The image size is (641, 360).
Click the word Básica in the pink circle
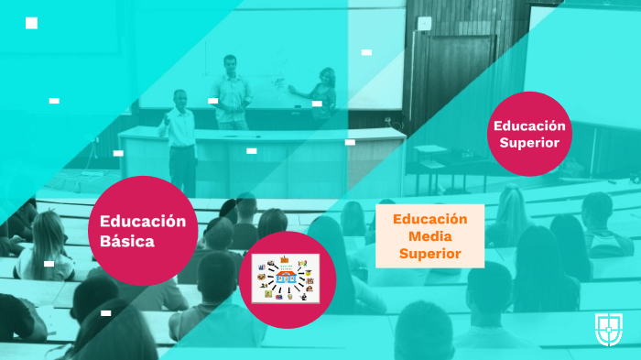click(x=127, y=241)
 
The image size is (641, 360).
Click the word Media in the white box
click(x=429, y=236)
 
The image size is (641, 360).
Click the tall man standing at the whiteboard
click(x=233, y=92)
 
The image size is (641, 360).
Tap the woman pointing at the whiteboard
click(x=323, y=96)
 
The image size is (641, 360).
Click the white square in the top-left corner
click(x=31, y=23)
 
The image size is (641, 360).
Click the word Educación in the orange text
click(x=429, y=219)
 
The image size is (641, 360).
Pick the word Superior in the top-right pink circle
click(x=529, y=142)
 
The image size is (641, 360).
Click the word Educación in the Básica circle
click(x=143, y=221)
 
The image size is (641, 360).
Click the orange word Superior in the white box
click(x=429, y=253)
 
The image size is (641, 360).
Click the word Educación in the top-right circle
click(x=529, y=125)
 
